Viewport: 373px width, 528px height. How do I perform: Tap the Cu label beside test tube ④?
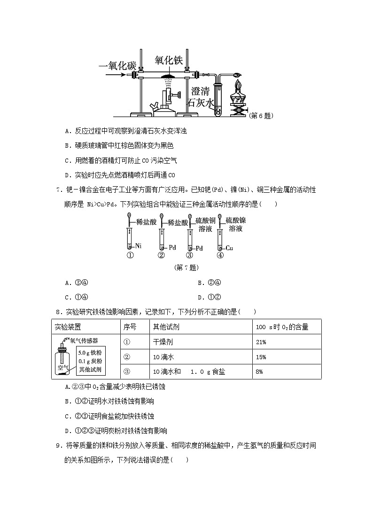coord(230,248)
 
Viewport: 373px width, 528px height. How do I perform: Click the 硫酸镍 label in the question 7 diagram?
coord(235,220)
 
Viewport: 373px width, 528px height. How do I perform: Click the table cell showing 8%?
coord(259,371)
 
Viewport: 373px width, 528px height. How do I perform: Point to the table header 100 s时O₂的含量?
coord(282,327)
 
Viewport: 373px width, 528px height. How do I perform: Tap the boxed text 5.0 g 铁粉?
coord(90,353)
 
